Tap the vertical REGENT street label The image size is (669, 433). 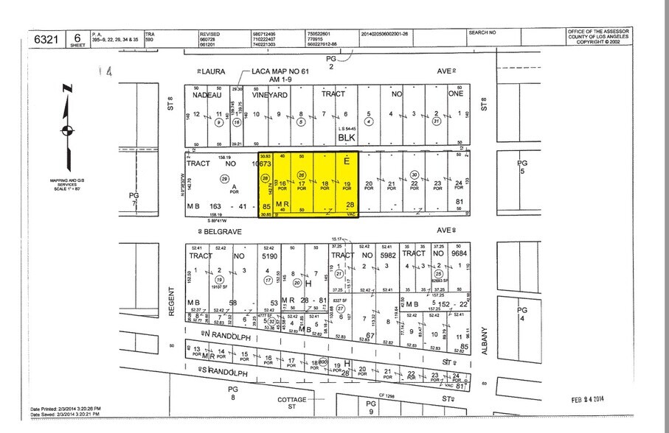tap(171, 303)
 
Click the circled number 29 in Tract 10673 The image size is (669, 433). tap(224, 179)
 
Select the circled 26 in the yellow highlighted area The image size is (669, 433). tap(300, 174)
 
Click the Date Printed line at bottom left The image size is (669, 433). tap(66, 409)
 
